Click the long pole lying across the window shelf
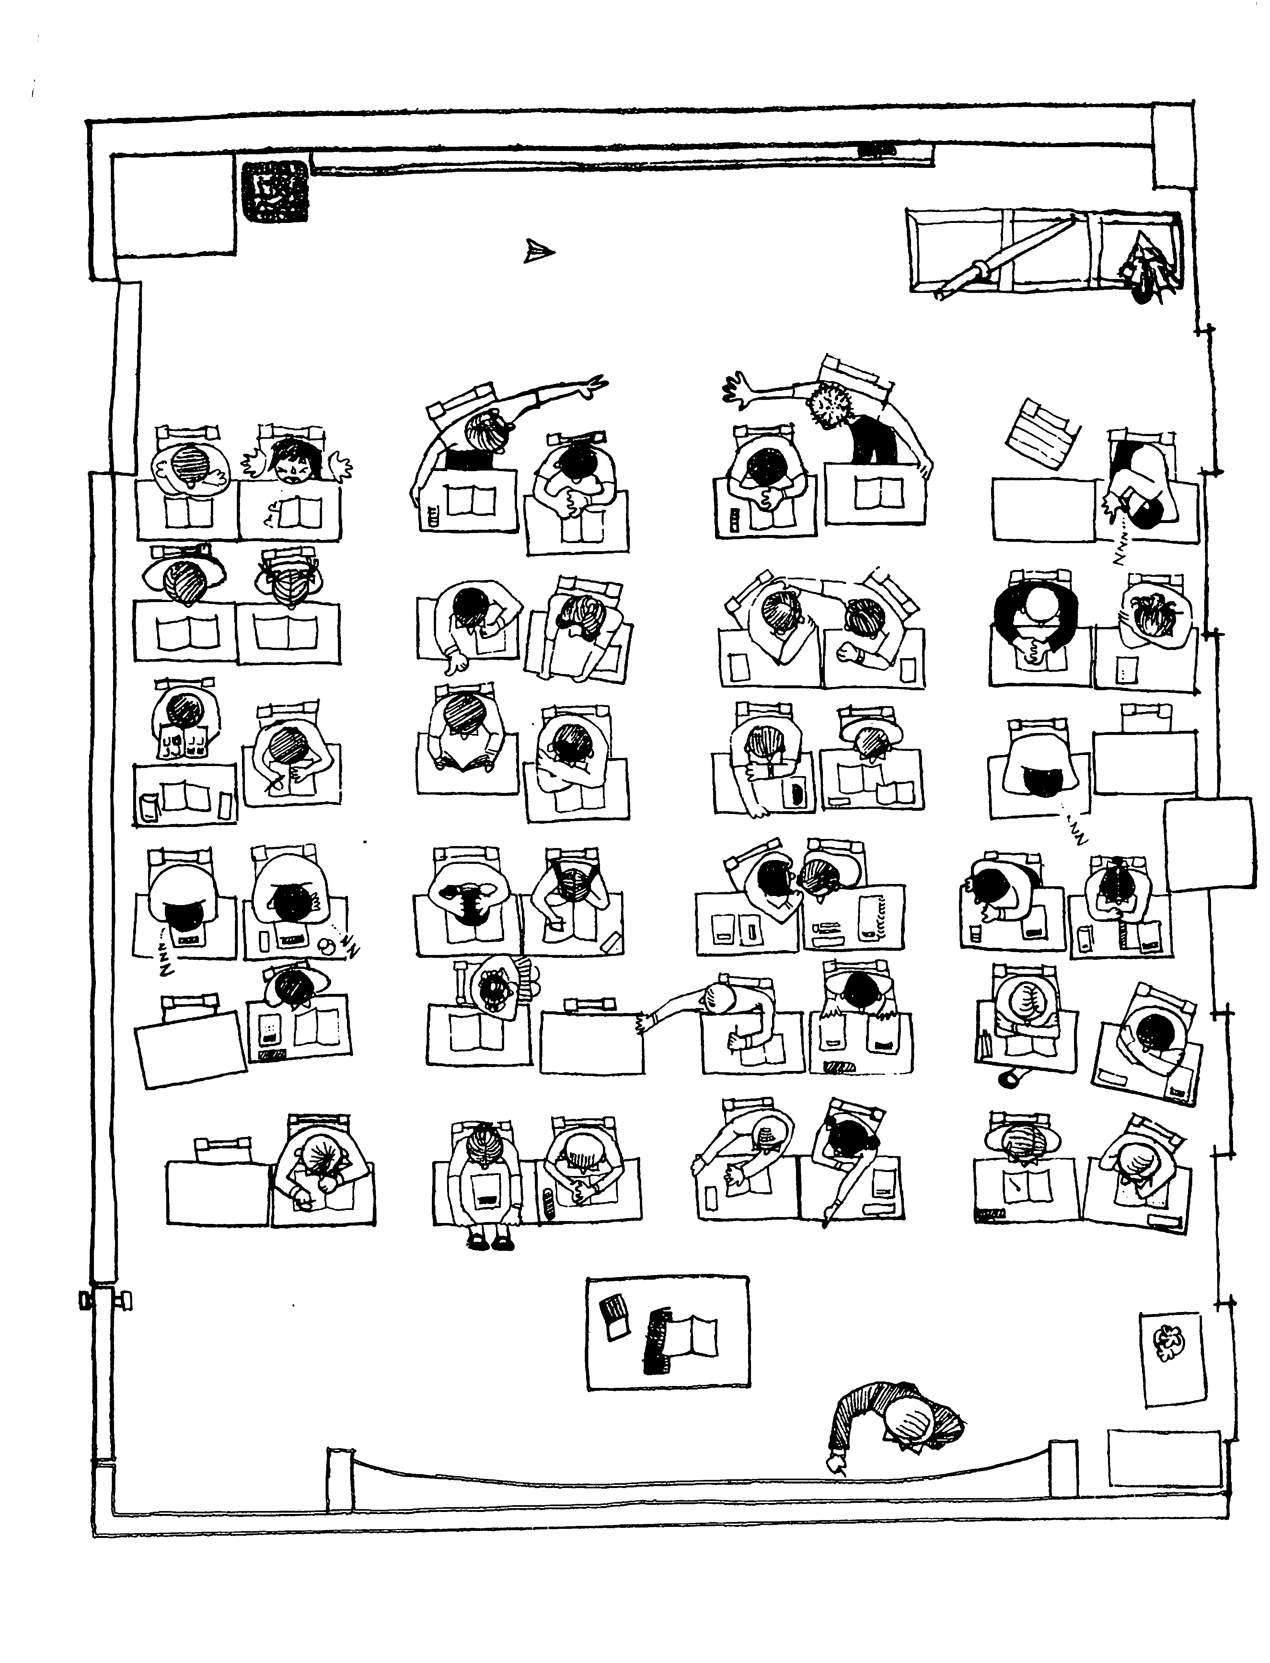[1005, 257]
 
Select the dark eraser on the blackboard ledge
[877, 150]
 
